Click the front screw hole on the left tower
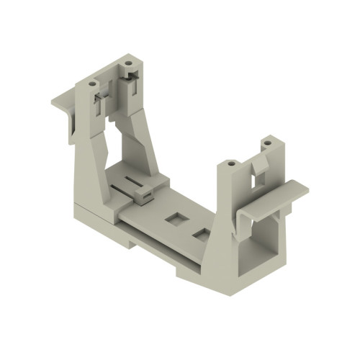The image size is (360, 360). pyautogui.click(x=92, y=84)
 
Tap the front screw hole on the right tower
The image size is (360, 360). pyautogui.click(x=230, y=163)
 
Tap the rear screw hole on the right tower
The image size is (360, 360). pyautogui.click(x=266, y=143)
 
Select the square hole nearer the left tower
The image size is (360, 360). pyautogui.click(x=174, y=217)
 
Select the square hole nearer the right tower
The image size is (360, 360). pyautogui.click(x=202, y=235)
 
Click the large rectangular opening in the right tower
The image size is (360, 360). pyautogui.click(x=261, y=241)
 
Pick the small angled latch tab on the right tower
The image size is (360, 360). pyautogui.click(x=256, y=174)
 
